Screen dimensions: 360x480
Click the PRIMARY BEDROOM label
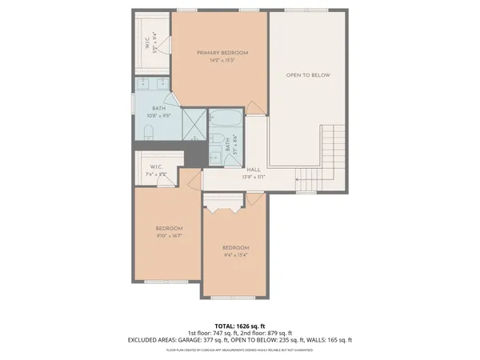222,53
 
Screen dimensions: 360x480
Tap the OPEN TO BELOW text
308,75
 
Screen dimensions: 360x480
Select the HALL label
254,169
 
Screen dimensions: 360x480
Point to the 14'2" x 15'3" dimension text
222,61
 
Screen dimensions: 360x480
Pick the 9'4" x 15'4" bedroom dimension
236,255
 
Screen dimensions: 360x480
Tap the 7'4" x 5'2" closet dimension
157,174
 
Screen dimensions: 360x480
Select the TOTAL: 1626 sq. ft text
240,326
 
